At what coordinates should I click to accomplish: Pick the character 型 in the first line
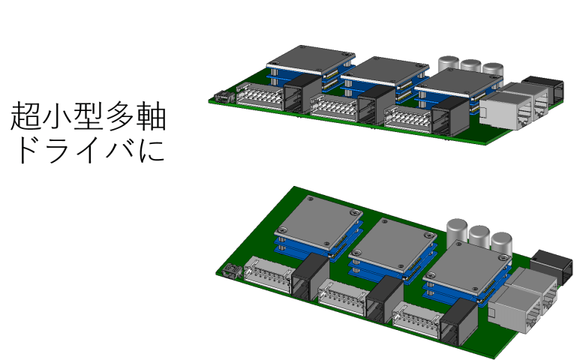(x=89, y=118)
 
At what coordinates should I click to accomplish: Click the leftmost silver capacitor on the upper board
(x=449, y=63)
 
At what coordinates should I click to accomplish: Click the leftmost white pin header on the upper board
(x=259, y=97)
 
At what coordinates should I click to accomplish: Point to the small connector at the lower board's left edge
(x=229, y=272)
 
